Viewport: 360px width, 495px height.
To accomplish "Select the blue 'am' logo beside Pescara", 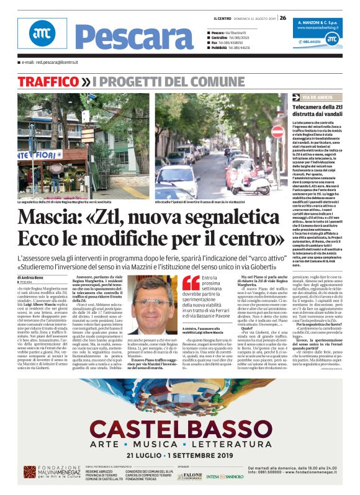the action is (x=42, y=34).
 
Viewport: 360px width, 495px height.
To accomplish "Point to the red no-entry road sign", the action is (x=277, y=132).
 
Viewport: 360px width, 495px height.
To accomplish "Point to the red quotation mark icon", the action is (x=191, y=283).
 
